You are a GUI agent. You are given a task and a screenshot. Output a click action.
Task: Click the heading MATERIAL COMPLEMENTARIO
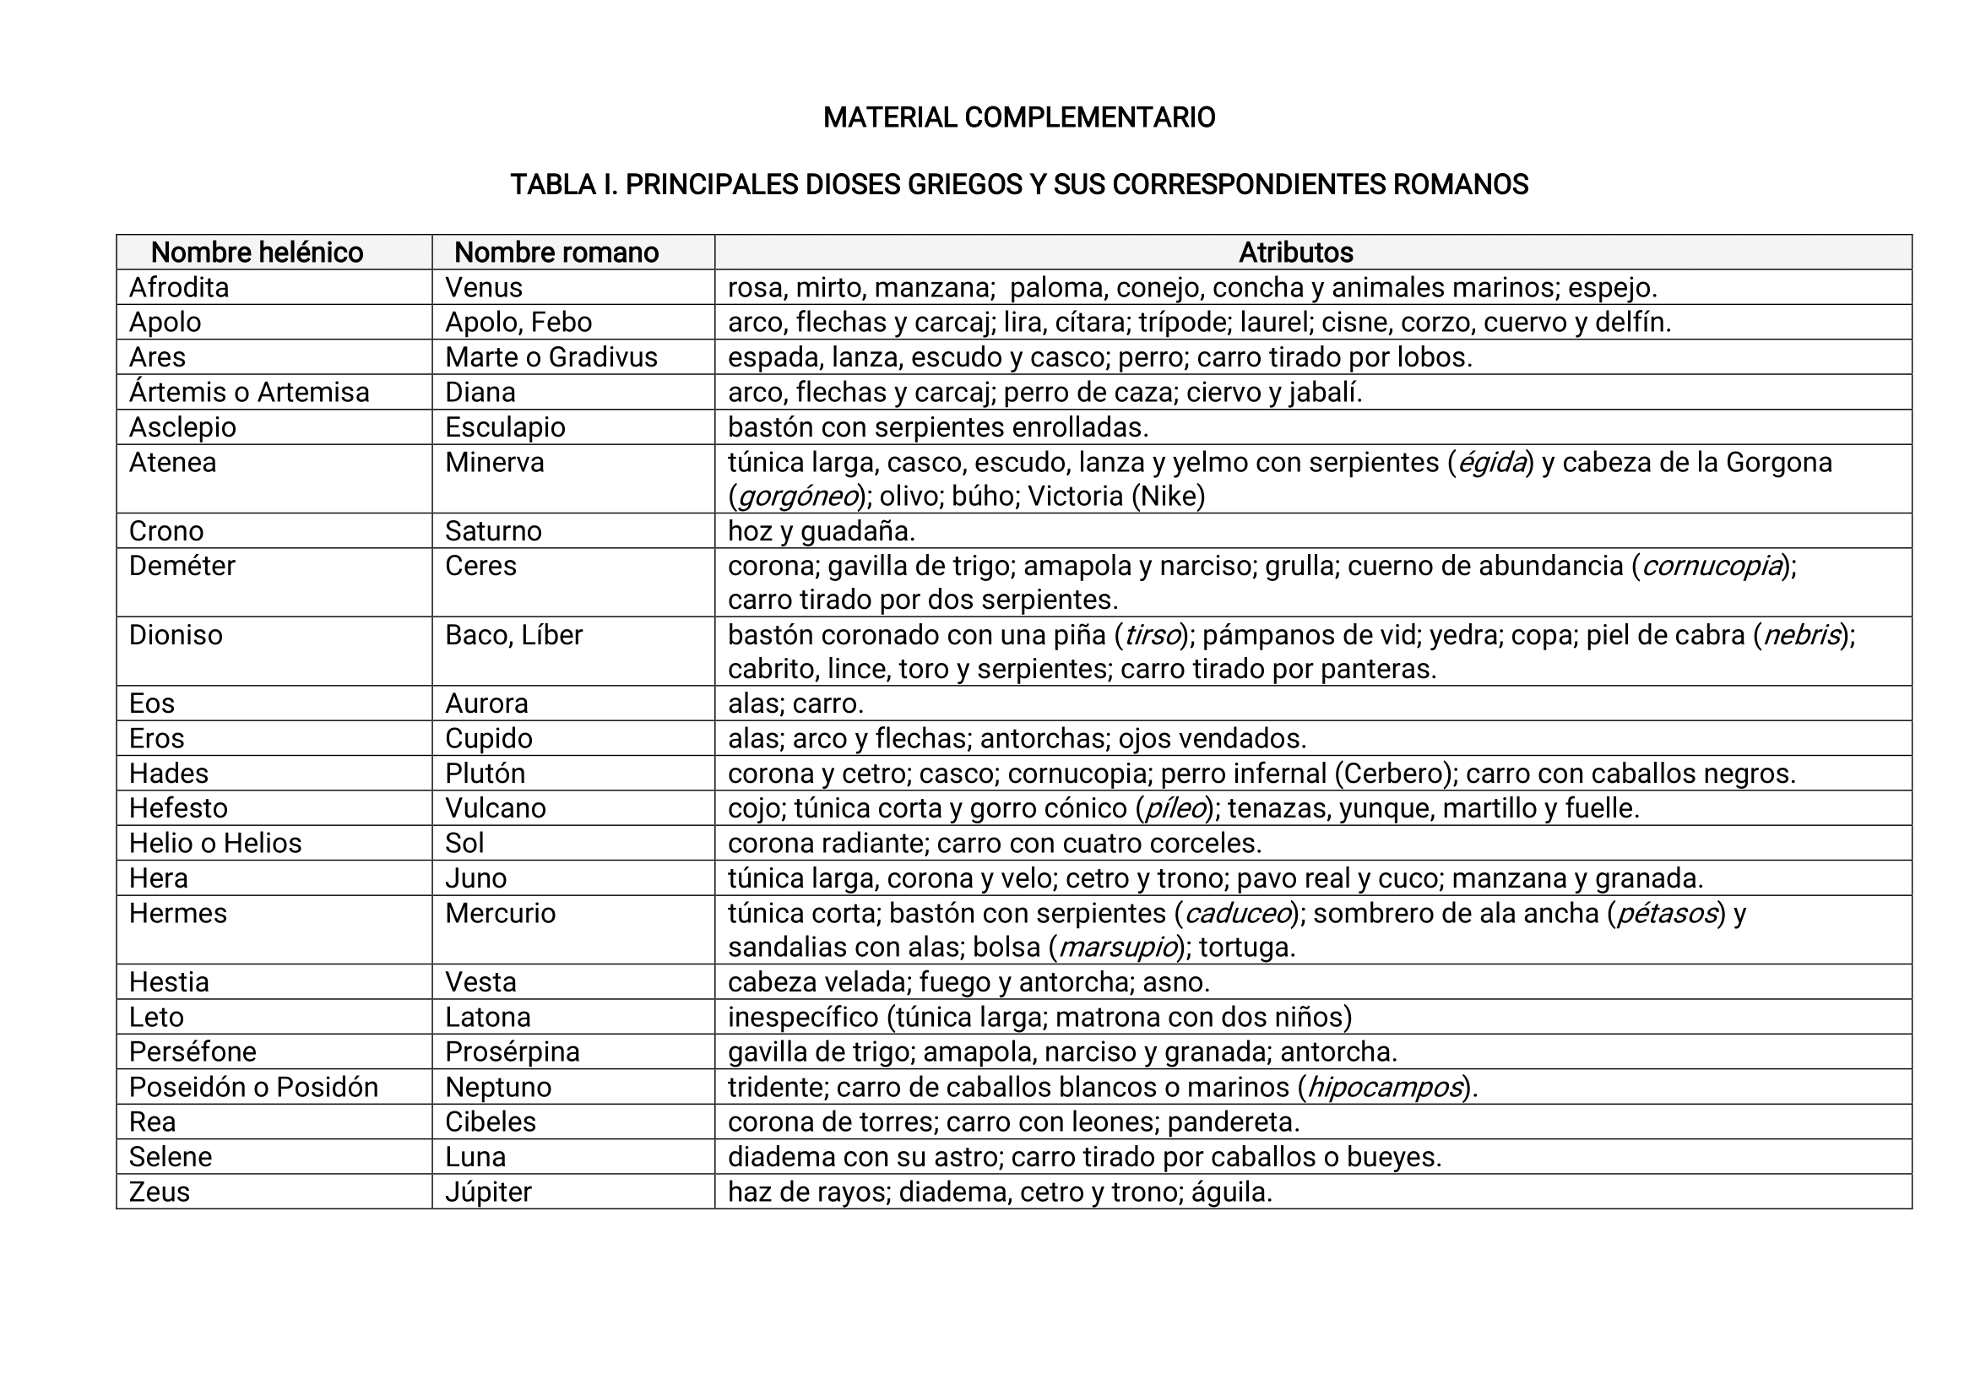[1018, 118]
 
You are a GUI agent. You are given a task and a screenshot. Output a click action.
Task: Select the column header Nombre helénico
[257, 253]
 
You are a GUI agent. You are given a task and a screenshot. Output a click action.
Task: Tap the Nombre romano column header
[556, 253]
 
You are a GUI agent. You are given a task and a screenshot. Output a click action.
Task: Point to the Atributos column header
[1295, 253]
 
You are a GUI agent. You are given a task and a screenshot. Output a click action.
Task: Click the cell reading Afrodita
[179, 287]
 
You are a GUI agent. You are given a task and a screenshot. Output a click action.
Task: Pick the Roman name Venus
[484, 287]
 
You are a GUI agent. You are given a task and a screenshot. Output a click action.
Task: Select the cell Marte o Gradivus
[551, 357]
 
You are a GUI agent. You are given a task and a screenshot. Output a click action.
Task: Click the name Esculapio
[505, 427]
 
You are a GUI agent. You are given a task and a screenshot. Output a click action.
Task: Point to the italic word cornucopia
[1711, 566]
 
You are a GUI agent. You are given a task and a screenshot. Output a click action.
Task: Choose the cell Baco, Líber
[513, 635]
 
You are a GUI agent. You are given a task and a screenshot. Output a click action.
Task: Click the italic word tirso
[1153, 635]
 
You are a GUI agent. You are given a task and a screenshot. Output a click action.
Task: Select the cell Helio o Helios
[215, 843]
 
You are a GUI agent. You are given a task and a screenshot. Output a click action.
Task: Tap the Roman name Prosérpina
[512, 1052]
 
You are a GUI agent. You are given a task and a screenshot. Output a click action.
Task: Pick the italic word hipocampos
[1385, 1087]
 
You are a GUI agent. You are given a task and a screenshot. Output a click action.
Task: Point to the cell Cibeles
[491, 1122]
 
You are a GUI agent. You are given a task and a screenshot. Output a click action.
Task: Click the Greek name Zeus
[159, 1192]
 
